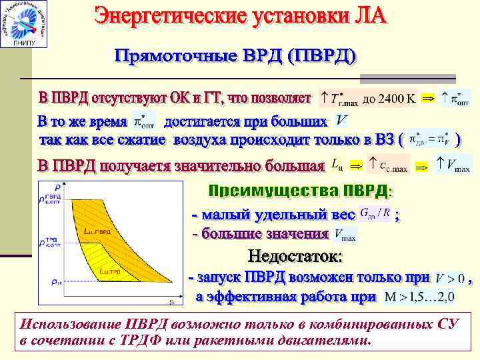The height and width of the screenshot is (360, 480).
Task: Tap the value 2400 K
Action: [x=397, y=99]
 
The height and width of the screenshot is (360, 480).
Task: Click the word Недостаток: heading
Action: [x=296, y=256]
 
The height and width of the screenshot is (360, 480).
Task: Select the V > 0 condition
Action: [x=450, y=277]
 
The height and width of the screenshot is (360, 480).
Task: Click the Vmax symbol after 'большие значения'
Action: [x=345, y=235]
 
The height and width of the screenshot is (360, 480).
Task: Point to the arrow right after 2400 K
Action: [x=430, y=99]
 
